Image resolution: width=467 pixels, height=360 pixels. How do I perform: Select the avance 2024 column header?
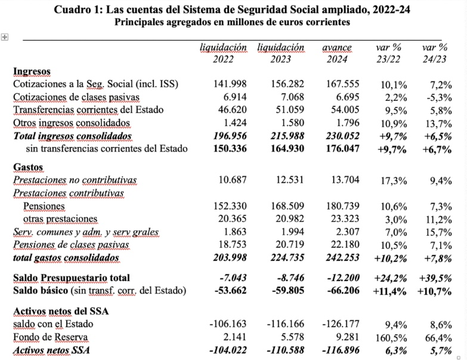tap(337, 53)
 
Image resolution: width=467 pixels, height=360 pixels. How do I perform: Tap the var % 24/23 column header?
tap(435, 53)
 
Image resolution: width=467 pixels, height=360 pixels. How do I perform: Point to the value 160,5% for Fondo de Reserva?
tap(386, 337)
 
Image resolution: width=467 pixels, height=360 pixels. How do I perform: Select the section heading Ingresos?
tap(32, 71)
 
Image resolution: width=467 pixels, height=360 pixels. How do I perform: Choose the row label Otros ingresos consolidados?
tap(72, 123)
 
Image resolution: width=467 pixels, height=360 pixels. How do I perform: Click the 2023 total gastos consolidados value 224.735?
tap(280, 258)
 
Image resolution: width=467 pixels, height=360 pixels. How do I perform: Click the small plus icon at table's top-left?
tap(4, 36)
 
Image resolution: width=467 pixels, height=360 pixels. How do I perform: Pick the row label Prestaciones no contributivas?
tap(75, 180)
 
